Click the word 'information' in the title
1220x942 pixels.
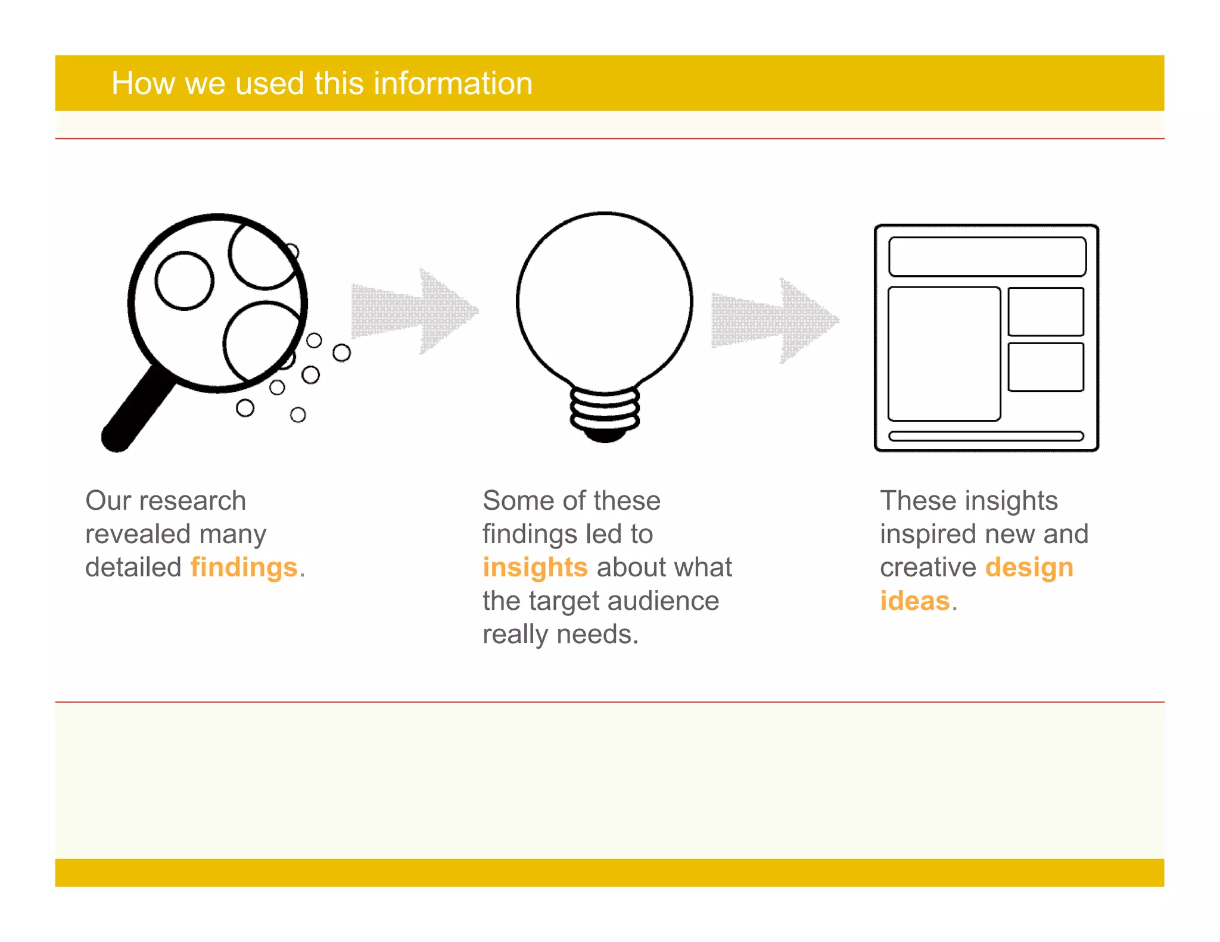click(x=452, y=83)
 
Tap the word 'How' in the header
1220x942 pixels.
click(x=142, y=83)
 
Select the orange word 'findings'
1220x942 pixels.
click(x=244, y=567)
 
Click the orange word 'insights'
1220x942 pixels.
click(x=535, y=567)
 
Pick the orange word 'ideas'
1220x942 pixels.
click(x=914, y=601)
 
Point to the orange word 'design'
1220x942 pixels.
click(x=1029, y=567)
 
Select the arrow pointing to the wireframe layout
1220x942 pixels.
click(x=774, y=320)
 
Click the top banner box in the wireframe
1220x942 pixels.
click(x=986, y=257)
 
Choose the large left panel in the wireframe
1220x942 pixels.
click(x=944, y=354)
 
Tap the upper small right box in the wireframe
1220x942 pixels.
click(x=1045, y=311)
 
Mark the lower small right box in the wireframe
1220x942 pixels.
click(x=1045, y=367)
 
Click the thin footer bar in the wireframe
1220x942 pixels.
click(x=986, y=436)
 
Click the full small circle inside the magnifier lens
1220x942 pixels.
click(x=184, y=280)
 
